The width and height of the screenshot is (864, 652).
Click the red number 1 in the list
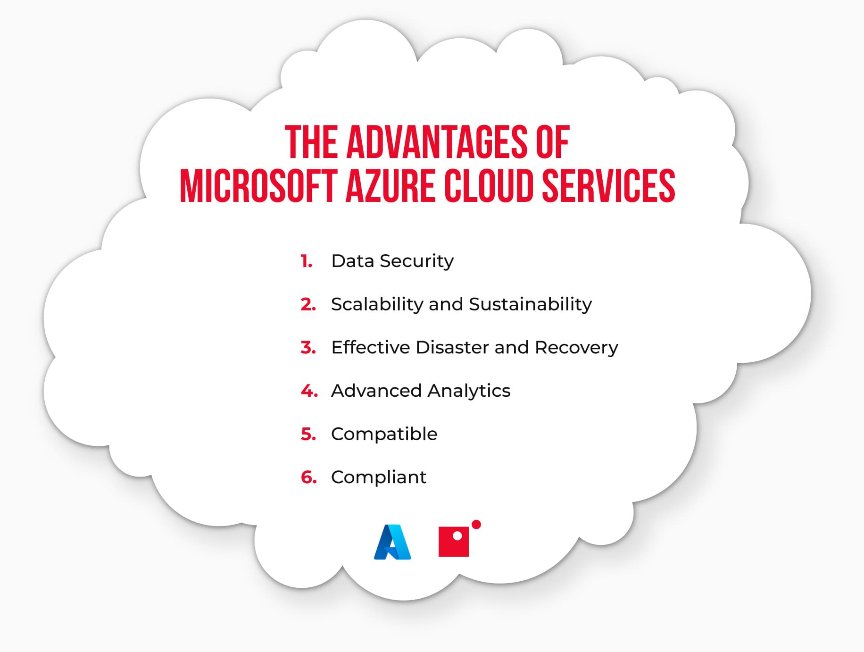point(306,261)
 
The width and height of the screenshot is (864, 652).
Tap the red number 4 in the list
point(309,391)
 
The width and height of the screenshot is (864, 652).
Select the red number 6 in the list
point(309,477)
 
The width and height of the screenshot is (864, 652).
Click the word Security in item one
point(416,261)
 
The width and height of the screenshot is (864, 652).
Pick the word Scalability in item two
point(377,305)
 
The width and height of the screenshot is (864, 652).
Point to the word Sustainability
point(530,305)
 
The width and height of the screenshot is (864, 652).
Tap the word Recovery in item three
point(576,348)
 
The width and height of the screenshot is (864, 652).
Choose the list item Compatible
point(384,435)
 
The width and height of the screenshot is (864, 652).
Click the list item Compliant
point(378,477)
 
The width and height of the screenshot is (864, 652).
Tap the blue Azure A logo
point(392,542)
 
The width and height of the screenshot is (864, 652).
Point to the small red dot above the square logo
point(476,524)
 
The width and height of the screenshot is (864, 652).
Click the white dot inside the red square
point(457,536)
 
